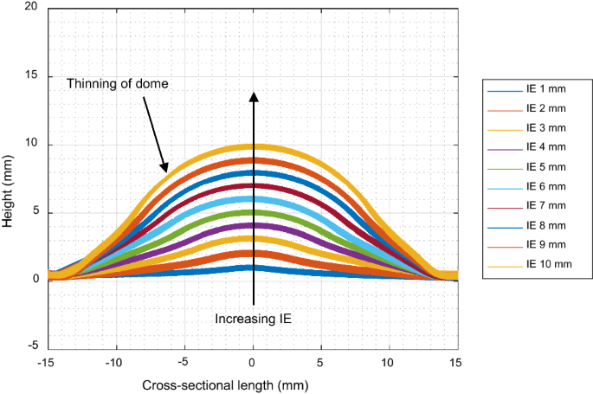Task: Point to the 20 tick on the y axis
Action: (31, 7)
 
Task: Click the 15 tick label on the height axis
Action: (31, 75)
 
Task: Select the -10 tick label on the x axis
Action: (115, 359)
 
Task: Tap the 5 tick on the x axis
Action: (321, 359)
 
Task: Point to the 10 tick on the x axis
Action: (390, 359)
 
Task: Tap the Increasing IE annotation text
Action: (253, 319)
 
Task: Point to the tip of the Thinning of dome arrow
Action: (163, 170)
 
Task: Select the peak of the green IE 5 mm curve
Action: (253, 213)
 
